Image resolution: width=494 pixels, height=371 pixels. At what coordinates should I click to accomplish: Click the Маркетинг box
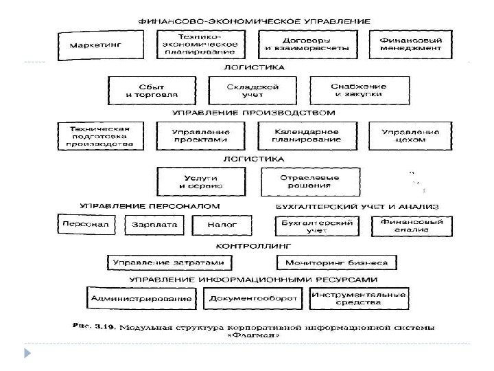coord(95,45)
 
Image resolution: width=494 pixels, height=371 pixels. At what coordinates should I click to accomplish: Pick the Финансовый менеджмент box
coord(410,44)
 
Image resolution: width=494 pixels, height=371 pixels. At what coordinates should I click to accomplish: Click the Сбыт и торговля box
coord(152,90)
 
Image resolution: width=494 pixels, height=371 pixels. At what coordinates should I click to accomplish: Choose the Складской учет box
coord(252,90)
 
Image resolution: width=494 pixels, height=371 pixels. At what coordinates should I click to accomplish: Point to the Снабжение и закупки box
coord(357,90)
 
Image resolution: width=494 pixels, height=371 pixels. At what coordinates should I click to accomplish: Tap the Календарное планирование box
coord(306,135)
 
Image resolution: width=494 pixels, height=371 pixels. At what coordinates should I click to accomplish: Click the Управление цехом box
coord(411,135)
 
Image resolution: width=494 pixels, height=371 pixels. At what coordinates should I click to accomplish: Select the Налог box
coord(214,225)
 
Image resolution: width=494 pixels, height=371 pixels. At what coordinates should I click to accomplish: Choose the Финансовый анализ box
coord(411,226)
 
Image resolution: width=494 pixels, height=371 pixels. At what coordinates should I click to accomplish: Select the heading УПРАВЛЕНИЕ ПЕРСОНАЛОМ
coord(150,206)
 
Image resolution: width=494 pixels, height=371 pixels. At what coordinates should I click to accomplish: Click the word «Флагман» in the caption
coord(251,335)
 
